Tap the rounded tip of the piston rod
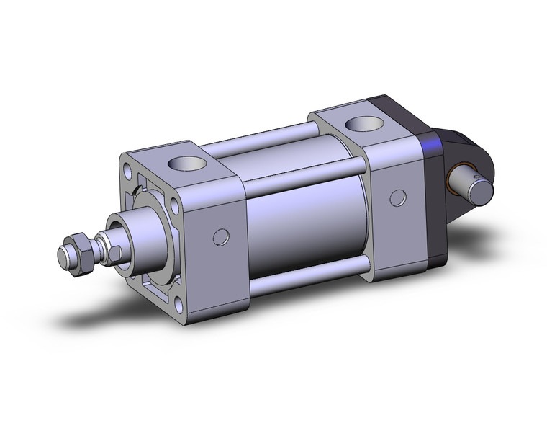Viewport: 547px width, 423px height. [63, 255]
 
